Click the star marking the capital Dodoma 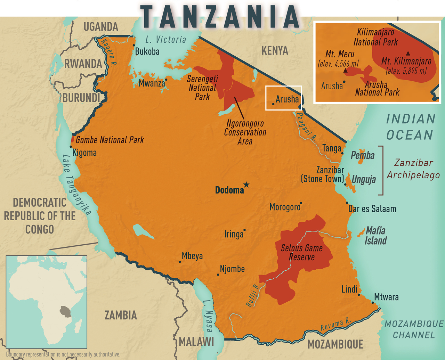246,185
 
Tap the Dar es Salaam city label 372,209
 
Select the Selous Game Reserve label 301,253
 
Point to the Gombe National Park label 110,140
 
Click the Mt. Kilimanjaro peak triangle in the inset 408,53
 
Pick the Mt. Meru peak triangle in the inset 345,71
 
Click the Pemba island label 363,155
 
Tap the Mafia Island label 375,236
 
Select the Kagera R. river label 108,52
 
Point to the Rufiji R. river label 253,295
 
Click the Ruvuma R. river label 335,325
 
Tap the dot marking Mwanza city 166,80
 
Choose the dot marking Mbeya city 180,262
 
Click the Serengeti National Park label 202,88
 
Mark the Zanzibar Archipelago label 413,169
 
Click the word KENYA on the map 275,51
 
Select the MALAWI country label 196,342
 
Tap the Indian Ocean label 410,127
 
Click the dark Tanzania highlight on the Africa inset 65,311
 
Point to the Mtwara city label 386,297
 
